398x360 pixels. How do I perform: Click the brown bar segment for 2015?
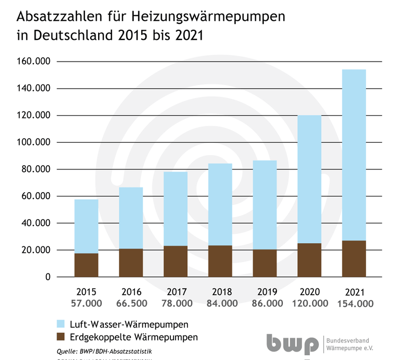click(x=86, y=265)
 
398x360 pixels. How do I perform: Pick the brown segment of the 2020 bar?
click(x=309, y=260)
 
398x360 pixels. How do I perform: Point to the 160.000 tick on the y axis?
click(x=33, y=62)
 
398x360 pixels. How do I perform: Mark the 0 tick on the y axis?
click(x=47, y=277)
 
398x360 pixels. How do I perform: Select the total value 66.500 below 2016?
click(x=131, y=304)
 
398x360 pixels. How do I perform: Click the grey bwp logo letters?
click(x=291, y=344)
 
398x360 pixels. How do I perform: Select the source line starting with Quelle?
click(x=100, y=351)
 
